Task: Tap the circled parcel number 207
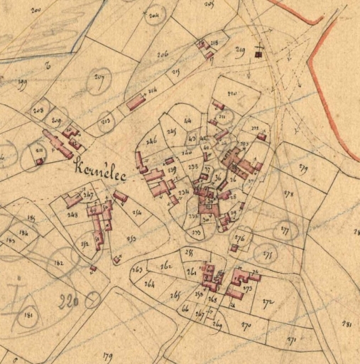click(x=99, y=81)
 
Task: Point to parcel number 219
click(x=239, y=50)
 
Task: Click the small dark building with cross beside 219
click(x=258, y=53)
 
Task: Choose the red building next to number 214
click(x=136, y=103)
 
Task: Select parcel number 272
click(x=268, y=302)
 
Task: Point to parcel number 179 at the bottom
click(x=108, y=355)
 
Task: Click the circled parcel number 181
click(x=28, y=315)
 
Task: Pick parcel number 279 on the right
click(x=303, y=168)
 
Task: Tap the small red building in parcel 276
click(x=234, y=248)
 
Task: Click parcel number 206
click(x=163, y=54)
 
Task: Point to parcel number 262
click(x=167, y=266)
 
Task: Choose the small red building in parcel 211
click(x=40, y=161)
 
